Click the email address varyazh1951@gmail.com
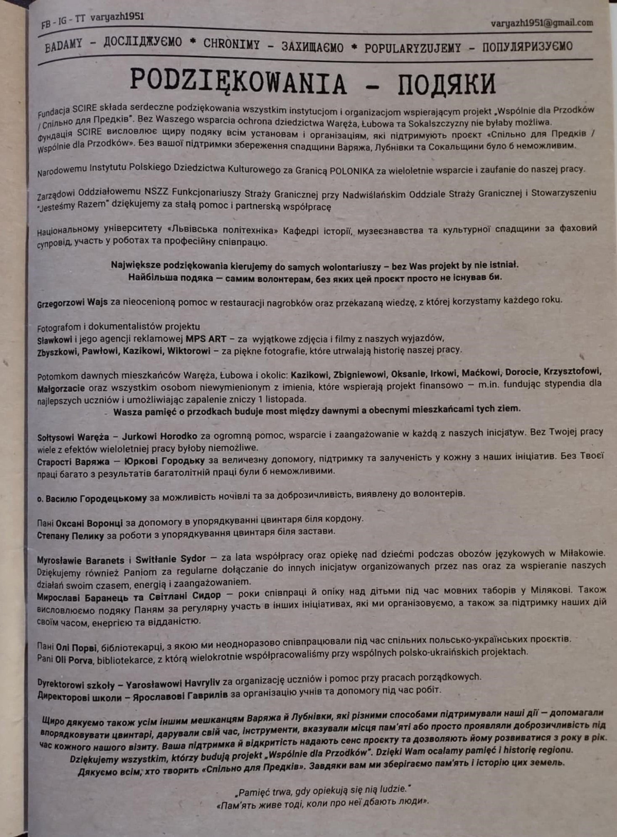(541, 23)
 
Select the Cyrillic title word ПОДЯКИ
(446, 84)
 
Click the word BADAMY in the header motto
(63, 46)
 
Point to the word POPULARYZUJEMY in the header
(412, 48)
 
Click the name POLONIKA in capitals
(352, 171)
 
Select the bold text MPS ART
(206, 339)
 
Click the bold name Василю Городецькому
(96, 498)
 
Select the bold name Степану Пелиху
(70, 536)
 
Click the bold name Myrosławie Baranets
(80, 560)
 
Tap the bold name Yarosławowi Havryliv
(173, 683)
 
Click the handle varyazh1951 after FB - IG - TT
(117, 17)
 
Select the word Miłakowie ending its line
(578, 553)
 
